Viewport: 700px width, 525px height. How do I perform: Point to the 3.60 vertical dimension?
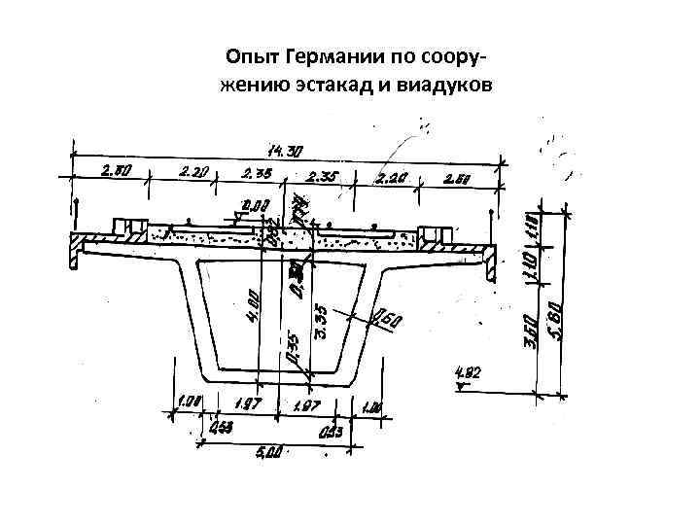[538, 331]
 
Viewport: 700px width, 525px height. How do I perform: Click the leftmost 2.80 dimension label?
[116, 171]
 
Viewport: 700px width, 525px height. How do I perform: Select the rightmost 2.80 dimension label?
[458, 178]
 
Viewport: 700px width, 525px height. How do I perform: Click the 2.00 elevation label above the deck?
[256, 205]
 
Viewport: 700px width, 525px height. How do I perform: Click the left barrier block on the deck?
[129, 228]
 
